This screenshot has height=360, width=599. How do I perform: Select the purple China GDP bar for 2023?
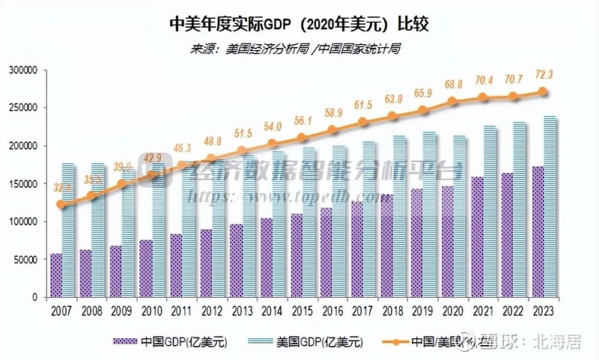pyautogui.click(x=538, y=231)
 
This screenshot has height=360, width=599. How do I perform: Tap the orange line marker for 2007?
pyautogui.click(x=61, y=204)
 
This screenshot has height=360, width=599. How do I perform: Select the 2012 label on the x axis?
pyautogui.click(x=213, y=310)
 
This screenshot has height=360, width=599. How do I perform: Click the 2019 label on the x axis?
pyautogui.click(x=423, y=310)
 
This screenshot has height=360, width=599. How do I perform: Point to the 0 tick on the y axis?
pyautogui.click(x=35, y=297)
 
